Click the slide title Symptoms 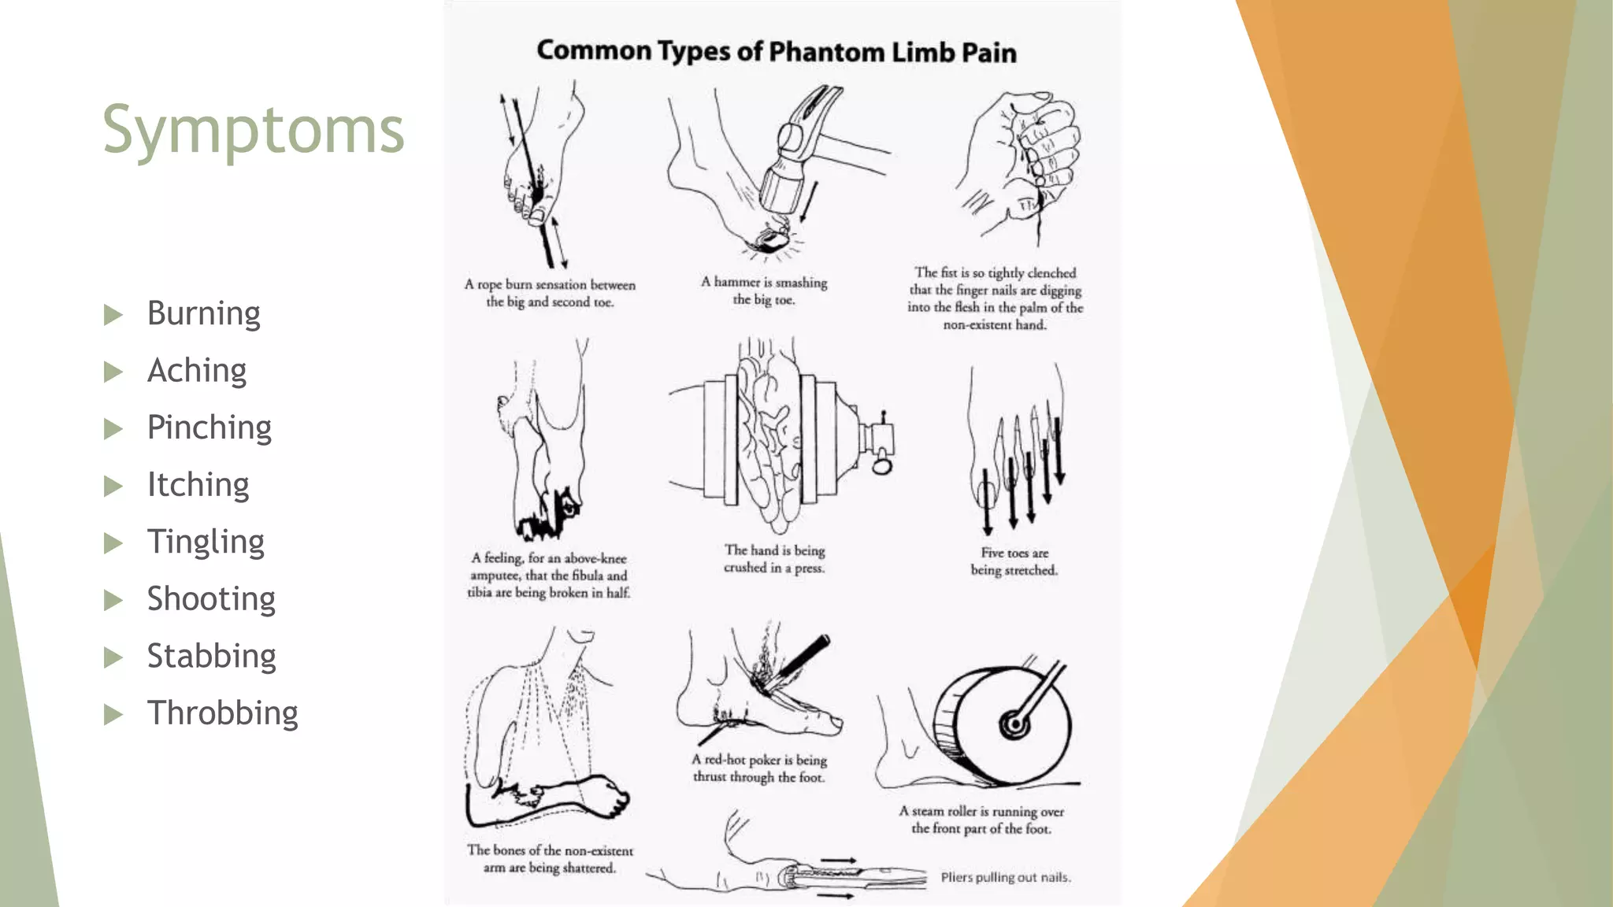click(253, 131)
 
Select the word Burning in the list click(203, 313)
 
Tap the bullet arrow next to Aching click(113, 372)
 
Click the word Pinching click(209, 428)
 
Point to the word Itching click(198, 485)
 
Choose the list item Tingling click(206, 542)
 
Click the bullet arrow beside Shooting click(113, 601)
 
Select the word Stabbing click(211, 657)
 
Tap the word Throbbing click(222, 713)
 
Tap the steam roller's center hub click(1014, 723)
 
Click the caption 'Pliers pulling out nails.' click(1006, 877)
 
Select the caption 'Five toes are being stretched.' click(1014, 561)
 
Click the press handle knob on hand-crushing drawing click(881, 467)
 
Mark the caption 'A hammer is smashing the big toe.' click(764, 291)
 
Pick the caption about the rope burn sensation click(550, 293)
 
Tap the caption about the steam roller click(981, 820)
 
